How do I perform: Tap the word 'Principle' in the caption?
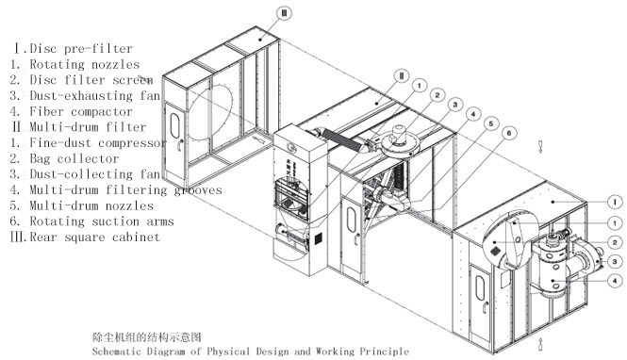pyautogui.click(x=384, y=351)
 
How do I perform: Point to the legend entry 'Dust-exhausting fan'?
pyautogui.click(x=85, y=95)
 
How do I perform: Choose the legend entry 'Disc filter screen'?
pyautogui.click(x=85, y=80)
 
